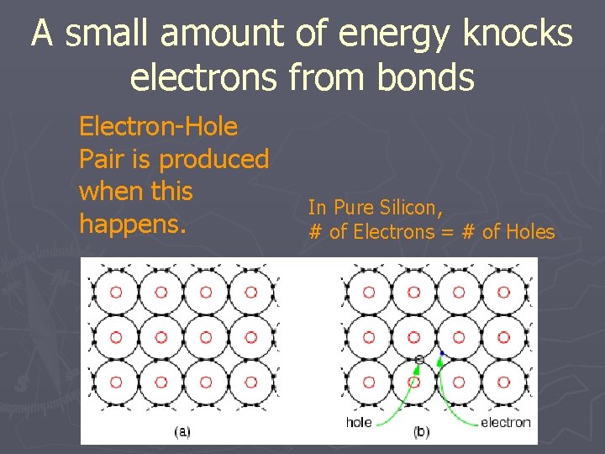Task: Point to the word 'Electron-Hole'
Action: (158, 127)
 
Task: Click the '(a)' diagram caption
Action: (181, 432)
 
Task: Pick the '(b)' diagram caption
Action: (421, 432)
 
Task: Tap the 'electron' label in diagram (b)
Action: (505, 422)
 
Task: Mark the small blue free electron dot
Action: (441, 353)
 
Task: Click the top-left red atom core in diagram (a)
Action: (116, 293)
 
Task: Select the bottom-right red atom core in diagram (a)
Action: (250, 382)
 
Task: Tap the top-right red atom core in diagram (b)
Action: (502, 293)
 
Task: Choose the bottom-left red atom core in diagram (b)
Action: (368, 382)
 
